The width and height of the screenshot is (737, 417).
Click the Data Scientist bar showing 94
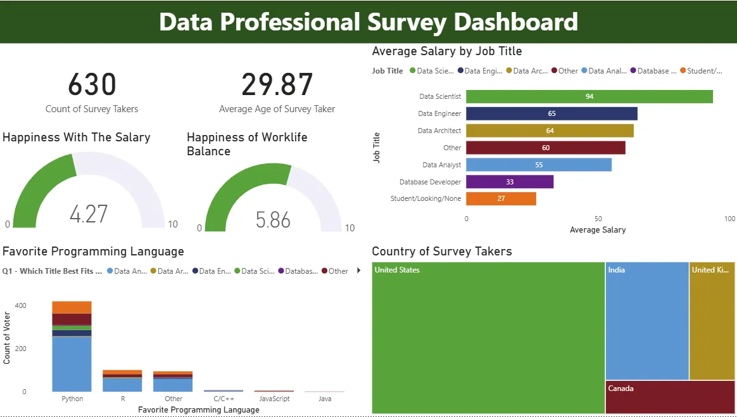pos(589,96)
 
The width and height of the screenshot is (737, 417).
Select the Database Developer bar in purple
pos(510,182)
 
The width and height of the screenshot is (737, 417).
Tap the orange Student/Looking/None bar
pos(501,199)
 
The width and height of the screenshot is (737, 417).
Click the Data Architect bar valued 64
pos(550,131)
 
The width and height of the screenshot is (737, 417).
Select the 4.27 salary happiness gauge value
pos(89,214)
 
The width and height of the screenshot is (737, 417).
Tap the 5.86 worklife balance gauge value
pos(273,220)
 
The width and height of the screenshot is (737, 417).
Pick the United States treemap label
pos(397,270)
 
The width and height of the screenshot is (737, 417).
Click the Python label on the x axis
pos(72,399)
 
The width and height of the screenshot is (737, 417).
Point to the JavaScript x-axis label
pos(274,399)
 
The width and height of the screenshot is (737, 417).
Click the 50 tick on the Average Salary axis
pos(598,219)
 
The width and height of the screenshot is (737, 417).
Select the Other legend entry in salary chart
pos(564,71)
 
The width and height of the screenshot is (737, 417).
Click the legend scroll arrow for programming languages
pos(359,271)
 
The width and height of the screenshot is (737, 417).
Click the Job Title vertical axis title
pos(377,148)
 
